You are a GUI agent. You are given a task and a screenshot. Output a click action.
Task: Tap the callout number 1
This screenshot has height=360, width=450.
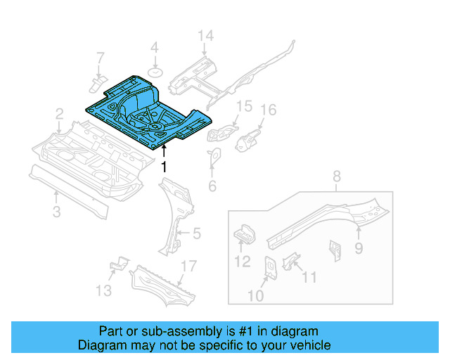tap(164, 167)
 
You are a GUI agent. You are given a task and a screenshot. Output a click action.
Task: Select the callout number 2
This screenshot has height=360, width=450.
tap(60, 113)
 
